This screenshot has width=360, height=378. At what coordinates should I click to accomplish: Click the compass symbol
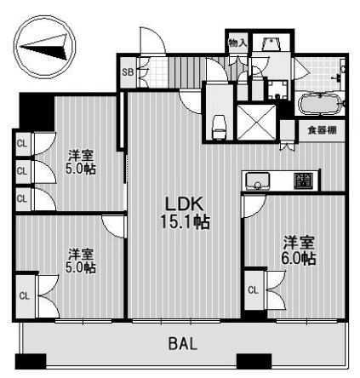click(42, 49)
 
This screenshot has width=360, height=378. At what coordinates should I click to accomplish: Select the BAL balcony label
click(181, 345)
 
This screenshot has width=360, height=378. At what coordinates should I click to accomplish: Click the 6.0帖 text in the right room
click(300, 258)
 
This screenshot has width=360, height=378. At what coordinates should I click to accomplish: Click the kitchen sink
click(259, 180)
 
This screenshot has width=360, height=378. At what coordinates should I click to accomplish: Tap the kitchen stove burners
click(302, 180)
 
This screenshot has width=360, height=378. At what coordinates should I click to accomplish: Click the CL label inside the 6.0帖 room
click(253, 290)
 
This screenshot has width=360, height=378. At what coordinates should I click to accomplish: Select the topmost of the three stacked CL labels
click(21, 144)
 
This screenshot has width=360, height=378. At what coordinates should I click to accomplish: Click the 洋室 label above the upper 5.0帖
click(83, 155)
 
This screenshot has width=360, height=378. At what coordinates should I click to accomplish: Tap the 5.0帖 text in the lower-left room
click(83, 267)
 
